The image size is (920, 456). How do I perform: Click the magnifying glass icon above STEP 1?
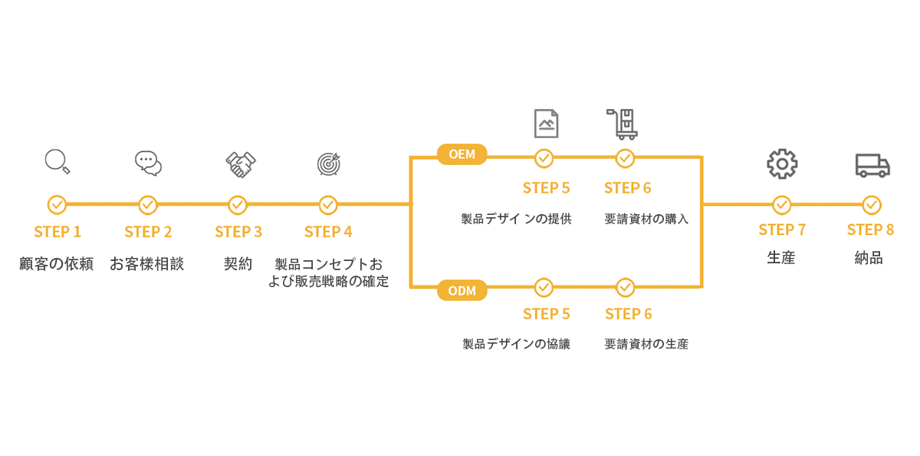(57, 161)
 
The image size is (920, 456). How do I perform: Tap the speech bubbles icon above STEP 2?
(148, 163)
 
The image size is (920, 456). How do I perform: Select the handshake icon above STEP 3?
(240, 164)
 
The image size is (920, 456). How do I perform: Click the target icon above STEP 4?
(329, 163)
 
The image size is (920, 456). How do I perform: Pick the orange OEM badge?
(462, 154)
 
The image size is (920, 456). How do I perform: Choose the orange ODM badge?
(462, 290)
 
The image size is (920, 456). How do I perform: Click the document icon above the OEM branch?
(546, 123)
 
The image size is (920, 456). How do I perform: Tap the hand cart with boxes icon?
(623, 124)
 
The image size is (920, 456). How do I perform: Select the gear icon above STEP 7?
(782, 164)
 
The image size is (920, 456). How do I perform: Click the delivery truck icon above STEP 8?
(872, 165)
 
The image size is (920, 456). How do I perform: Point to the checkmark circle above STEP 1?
(57, 205)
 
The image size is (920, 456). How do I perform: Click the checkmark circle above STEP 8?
(872, 205)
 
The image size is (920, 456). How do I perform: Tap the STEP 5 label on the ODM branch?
(547, 314)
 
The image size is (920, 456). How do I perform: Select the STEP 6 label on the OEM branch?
(627, 188)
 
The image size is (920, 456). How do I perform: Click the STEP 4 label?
(328, 232)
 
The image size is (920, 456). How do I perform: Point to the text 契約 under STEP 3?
(238, 264)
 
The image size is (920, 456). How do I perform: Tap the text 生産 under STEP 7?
(780, 258)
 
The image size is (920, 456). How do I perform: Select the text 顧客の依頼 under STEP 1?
(57, 264)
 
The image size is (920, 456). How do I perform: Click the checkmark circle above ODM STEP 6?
(626, 287)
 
